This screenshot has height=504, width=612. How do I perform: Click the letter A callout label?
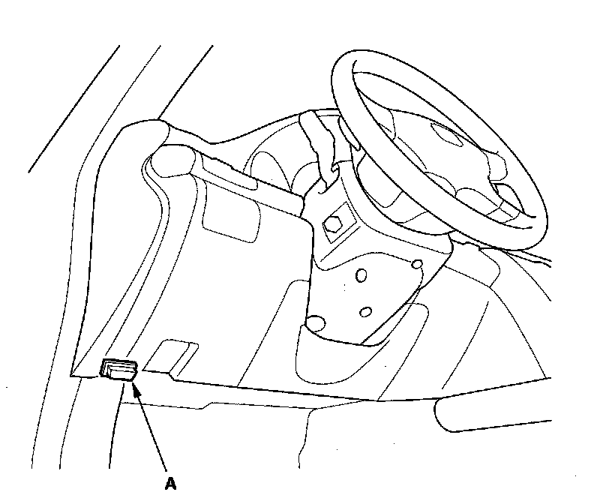pos(171,484)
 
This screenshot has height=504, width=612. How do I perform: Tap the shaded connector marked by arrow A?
pos(119,370)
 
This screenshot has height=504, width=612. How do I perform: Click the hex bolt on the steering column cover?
pos(332,223)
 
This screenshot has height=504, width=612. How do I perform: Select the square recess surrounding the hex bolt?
pos(333,224)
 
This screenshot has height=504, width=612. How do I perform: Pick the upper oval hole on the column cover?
pos(361,277)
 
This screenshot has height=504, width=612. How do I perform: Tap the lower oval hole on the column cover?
pos(366,311)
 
